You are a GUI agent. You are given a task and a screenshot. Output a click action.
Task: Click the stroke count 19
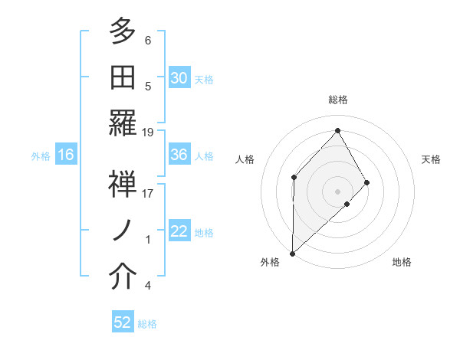(x=148, y=133)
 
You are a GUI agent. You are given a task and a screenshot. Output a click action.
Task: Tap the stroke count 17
(x=148, y=194)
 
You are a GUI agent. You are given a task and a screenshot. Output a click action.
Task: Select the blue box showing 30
(x=179, y=78)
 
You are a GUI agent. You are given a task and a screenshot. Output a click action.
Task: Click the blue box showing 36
(x=179, y=155)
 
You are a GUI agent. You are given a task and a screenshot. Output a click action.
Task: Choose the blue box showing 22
(x=179, y=231)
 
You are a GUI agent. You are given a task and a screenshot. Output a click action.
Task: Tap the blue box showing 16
(x=66, y=155)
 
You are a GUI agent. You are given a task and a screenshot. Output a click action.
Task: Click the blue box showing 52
(x=123, y=322)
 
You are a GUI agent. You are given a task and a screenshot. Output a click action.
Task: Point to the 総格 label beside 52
(x=147, y=324)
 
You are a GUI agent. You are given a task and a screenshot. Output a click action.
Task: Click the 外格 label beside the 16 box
(x=41, y=155)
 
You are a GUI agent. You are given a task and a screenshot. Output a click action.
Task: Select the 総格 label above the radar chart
(x=338, y=100)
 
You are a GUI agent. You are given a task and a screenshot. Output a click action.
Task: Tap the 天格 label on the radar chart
(x=432, y=159)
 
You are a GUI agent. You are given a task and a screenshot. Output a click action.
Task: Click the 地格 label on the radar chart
(x=402, y=262)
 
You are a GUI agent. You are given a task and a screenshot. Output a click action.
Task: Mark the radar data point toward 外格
(x=292, y=253)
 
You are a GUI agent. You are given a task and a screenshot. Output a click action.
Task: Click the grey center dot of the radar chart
(x=337, y=191)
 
